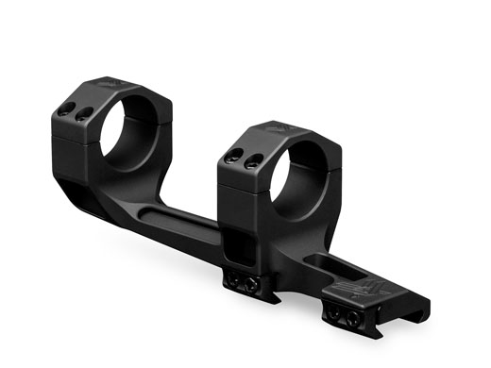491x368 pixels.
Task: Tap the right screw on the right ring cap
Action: tap(250, 163)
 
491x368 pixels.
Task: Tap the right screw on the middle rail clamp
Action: tap(252, 284)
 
